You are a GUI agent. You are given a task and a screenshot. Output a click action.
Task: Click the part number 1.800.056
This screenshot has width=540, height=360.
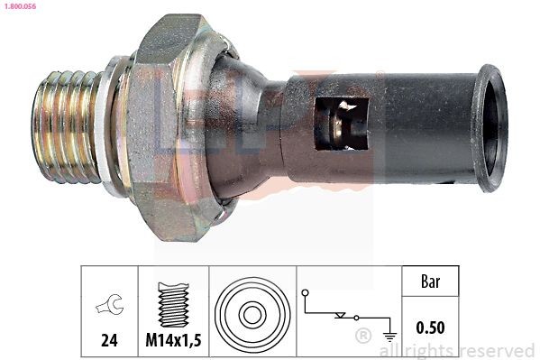[18, 6]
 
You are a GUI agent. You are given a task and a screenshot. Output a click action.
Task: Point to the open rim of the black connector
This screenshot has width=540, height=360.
[491, 127]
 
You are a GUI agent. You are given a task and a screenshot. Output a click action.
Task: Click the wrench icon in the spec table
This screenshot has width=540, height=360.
[108, 307]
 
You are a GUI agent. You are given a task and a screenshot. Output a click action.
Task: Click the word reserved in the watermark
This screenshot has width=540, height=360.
[497, 350]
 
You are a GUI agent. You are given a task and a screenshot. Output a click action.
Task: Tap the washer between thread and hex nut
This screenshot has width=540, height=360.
[112, 126]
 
